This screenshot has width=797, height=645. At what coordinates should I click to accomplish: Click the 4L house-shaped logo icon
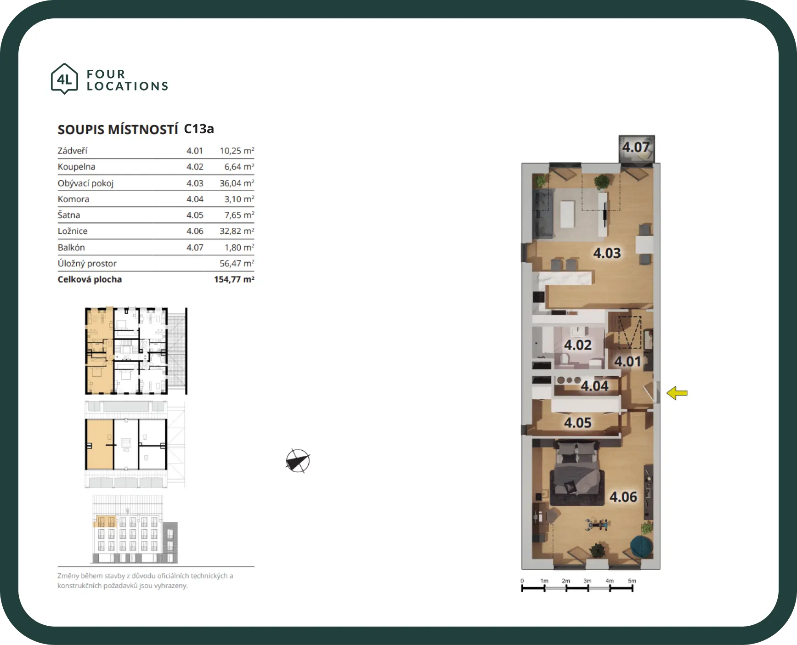point(64,79)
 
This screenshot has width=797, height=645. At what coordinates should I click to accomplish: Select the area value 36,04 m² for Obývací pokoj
point(237,183)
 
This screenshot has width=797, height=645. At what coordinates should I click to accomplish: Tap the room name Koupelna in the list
point(77,167)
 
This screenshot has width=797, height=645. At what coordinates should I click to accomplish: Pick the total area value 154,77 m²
point(234,279)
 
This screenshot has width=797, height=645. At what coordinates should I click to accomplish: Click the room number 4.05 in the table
point(195,215)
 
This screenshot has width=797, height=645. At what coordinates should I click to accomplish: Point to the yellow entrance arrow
point(677,393)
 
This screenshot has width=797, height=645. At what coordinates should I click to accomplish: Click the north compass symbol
point(298,461)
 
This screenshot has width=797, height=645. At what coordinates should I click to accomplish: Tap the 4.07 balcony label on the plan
point(636,147)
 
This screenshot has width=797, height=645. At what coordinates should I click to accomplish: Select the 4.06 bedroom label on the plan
point(623,497)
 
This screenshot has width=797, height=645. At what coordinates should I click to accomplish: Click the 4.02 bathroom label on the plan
point(578,345)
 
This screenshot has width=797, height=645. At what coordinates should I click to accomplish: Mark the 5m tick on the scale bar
point(632,588)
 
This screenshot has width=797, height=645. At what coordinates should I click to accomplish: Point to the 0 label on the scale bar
point(522,581)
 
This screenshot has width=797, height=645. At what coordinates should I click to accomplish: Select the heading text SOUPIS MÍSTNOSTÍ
point(118,130)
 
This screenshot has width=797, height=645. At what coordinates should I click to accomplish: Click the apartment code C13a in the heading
point(199,129)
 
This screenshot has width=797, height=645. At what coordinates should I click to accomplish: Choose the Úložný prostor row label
point(87,263)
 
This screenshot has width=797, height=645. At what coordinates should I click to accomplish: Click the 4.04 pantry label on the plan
point(594,386)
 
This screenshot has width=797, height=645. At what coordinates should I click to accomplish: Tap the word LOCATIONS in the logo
point(128,86)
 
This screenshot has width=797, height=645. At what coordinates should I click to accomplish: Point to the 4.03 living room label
point(607,253)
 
